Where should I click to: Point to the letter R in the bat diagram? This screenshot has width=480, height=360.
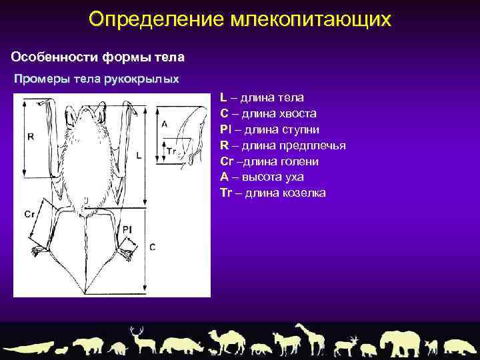coord(31,137)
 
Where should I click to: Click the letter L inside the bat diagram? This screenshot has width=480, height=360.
coord(138,155)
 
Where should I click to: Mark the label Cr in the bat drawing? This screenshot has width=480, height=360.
coord(29,214)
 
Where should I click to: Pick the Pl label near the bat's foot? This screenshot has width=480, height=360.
coord(127,229)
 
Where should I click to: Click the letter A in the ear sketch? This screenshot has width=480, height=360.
coord(165,124)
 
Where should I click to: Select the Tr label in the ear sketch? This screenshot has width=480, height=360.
coord(171,151)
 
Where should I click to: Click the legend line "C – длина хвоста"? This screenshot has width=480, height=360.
coord(268,114)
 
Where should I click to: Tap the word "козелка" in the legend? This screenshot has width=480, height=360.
coord(304,193)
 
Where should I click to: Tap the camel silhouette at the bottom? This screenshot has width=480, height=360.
coord(226,341)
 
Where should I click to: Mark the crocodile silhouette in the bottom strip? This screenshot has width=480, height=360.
coord(30,347)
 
